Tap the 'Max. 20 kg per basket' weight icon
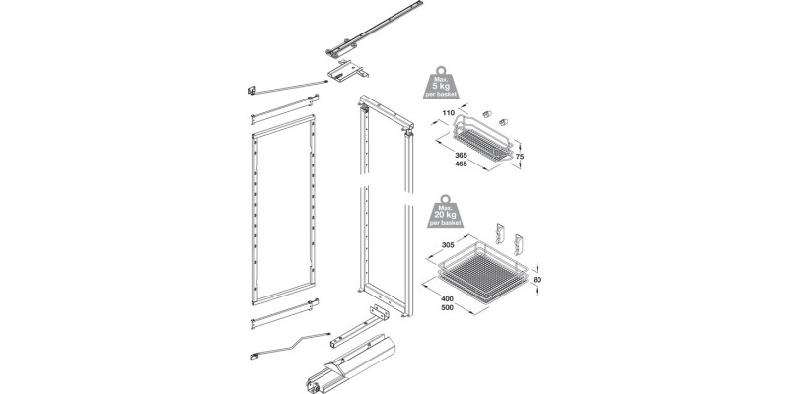(x=445, y=214)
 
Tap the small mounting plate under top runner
(x=346, y=72)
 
